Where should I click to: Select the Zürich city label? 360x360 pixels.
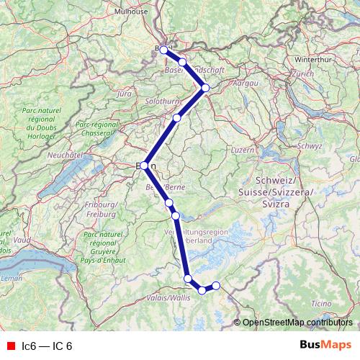click(303, 73)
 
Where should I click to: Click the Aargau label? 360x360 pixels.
click(243, 84)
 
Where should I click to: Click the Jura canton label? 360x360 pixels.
click(125, 94)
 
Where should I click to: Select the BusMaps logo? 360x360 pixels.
click(325, 346)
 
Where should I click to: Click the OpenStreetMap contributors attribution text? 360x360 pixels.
click(297, 322)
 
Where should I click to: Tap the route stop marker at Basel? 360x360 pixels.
click(164, 50)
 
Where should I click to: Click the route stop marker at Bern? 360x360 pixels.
click(145, 166)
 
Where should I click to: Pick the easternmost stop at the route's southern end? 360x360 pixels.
click(215, 286)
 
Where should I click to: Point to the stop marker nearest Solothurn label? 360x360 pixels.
click(176, 117)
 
